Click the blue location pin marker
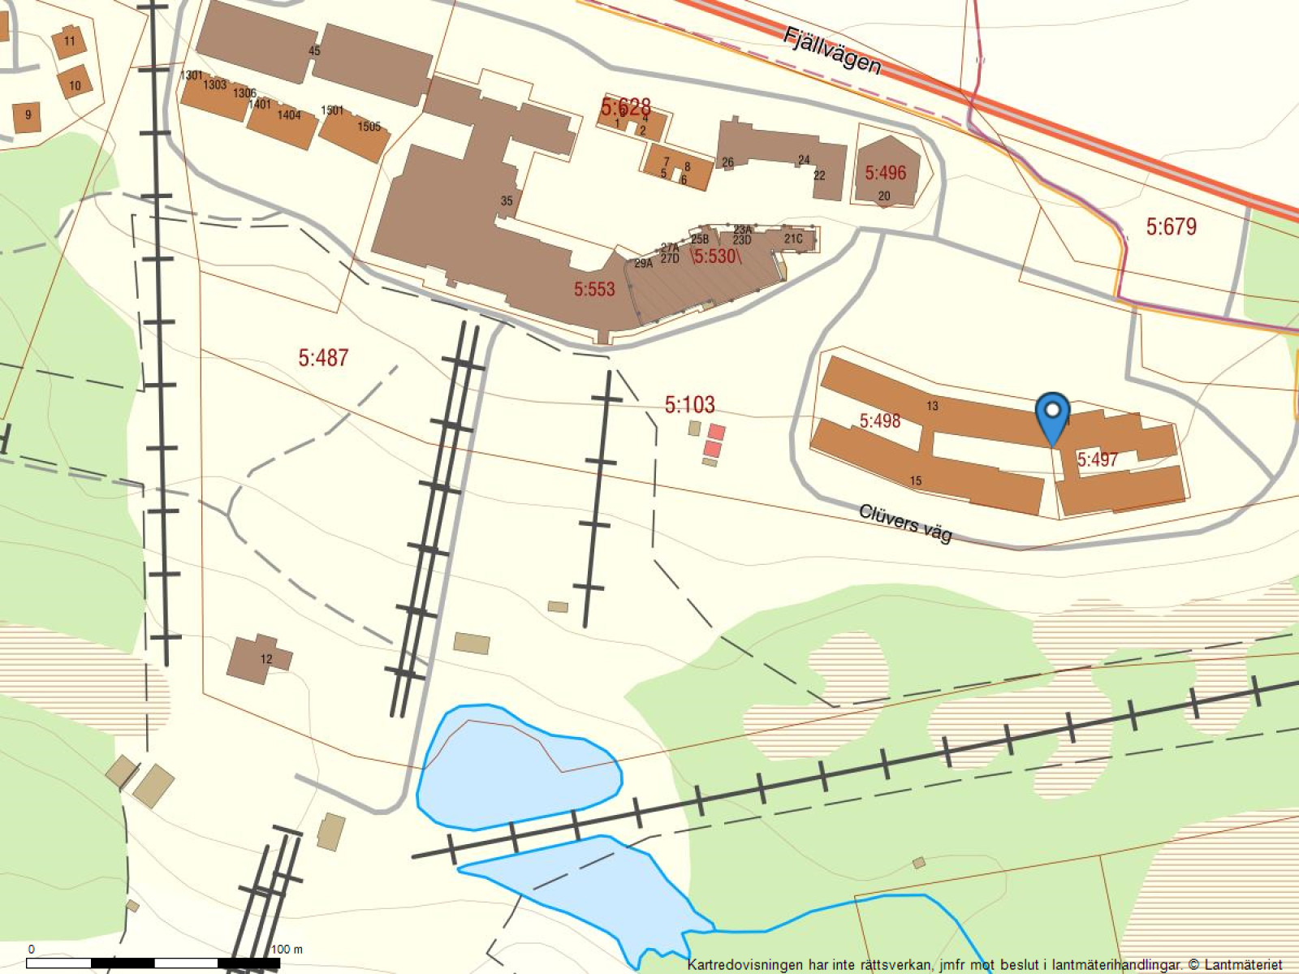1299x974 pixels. pyautogui.click(x=1053, y=413)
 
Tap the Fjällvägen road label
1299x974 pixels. pyautogui.click(x=832, y=50)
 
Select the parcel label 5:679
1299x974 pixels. pyautogui.click(x=1171, y=226)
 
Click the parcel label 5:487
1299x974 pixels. pyautogui.click(x=323, y=357)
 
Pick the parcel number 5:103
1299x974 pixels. pyautogui.click(x=689, y=404)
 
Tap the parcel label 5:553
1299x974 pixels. pyautogui.click(x=594, y=289)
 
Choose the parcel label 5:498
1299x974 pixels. pyautogui.click(x=880, y=420)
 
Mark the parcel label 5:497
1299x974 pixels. pyautogui.click(x=1097, y=459)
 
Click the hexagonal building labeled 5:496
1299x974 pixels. pyautogui.click(x=886, y=173)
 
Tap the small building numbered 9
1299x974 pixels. pyautogui.click(x=28, y=115)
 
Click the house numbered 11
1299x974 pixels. pyautogui.click(x=69, y=41)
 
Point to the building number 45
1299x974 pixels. pyautogui.click(x=314, y=50)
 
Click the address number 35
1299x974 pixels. pyautogui.click(x=507, y=200)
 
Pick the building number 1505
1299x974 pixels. pyautogui.click(x=369, y=127)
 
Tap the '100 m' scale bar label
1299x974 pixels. pyautogui.click(x=287, y=949)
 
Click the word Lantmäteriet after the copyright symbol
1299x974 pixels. pyautogui.click(x=1243, y=965)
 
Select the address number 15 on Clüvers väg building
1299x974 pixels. pyautogui.click(x=916, y=481)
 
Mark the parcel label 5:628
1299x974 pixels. pyautogui.click(x=625, y=106)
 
